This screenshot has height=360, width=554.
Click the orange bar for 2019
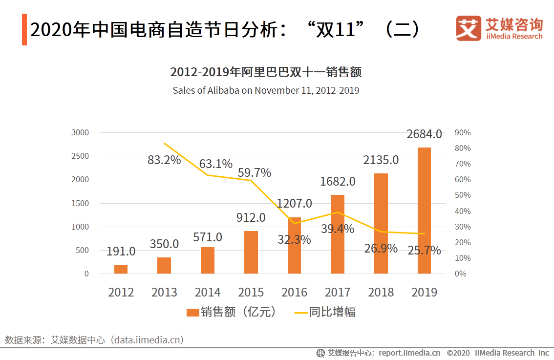click(x=424, y=210)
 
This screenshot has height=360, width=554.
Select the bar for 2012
click(x=121, y=269)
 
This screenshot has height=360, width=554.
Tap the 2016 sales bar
click(x=294, y=245)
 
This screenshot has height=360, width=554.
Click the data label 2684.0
click(x=424, y=134)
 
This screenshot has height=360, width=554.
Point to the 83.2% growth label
click(x=164, y=160)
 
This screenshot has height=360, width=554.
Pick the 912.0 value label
click(x=251, y=217)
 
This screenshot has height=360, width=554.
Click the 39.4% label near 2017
click(x=338, y=228)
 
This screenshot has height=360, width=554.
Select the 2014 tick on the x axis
click(x=208, y=292)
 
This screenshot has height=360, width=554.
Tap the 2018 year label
click(x=381, y=292)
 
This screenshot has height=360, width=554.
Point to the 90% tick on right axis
click(x=462, y=132)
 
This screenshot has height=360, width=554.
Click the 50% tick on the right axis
click(x=462, y=195)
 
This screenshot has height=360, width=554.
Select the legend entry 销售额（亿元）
click(x=232, y=312)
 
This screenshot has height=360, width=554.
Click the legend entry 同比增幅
click(x=325, y=312)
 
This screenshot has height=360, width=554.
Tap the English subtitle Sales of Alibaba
click(x=266, y=90)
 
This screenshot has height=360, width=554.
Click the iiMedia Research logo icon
click(x=469, y=28)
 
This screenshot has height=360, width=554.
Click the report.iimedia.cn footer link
click(x=409, y=353)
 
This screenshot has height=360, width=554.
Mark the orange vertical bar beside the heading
click(x=24, y=30)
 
